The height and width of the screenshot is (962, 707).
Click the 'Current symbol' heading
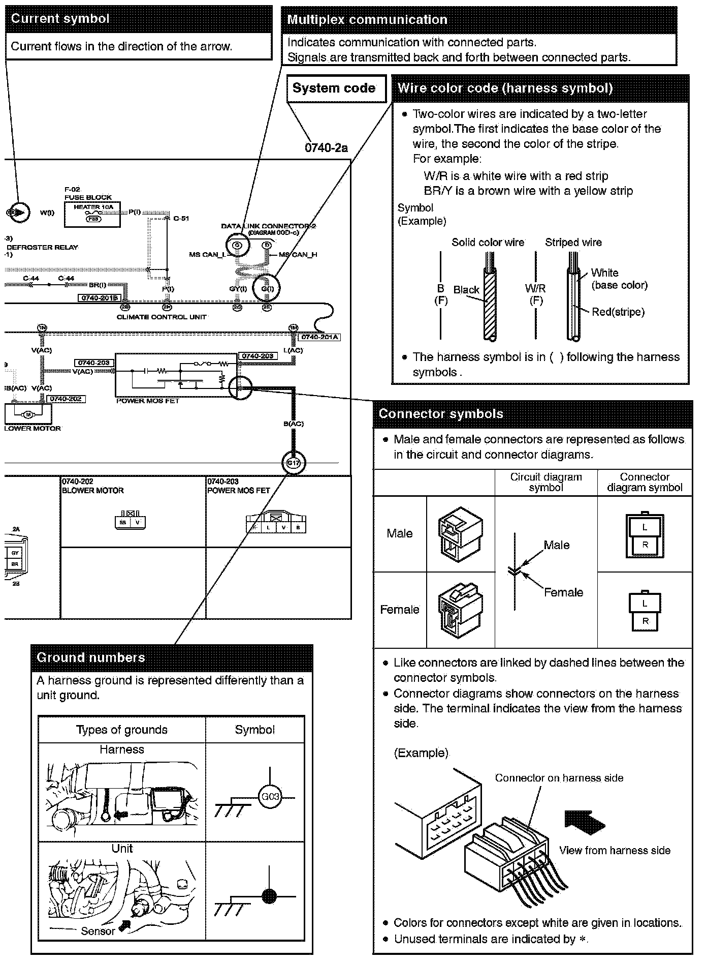(x=60, y=19)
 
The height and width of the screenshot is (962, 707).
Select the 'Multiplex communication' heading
(x=367, y=20)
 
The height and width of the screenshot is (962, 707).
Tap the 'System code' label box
(x=334, y=88)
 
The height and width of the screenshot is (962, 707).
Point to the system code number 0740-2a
(x=326, y=148)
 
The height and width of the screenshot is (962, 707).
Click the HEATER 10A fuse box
(x=92, y=214)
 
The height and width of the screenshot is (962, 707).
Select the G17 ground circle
(x=293, y=463)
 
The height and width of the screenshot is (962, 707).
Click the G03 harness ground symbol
(x=269, y=796)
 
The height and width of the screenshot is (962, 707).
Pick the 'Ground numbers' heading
(x=91, y=657)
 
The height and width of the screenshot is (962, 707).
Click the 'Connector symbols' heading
(x=440, y=413)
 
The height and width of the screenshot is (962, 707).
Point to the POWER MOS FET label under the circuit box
(x=148, y=401)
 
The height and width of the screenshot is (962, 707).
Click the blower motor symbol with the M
(x=28, y=414)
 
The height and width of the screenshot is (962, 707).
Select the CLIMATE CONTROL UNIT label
(x=162, y=317)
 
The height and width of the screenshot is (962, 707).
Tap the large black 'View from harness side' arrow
(x=585, y=822)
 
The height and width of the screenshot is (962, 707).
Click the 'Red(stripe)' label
(x=618, y=312)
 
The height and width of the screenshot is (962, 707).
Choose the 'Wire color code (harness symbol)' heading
(x=505, y=88)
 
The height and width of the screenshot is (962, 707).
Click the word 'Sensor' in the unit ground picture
(x=98, y=931)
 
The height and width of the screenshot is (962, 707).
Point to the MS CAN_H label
(x=299, y=254)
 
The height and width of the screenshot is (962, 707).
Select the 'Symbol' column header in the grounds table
(x=254, y=730)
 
